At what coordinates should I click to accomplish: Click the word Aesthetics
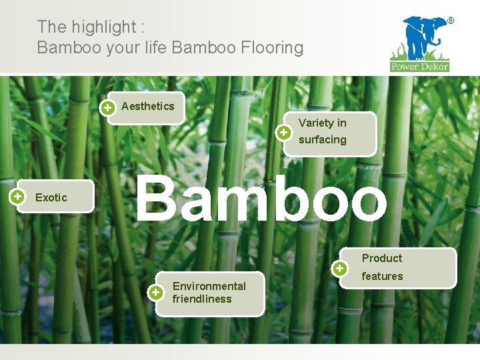point(147,106)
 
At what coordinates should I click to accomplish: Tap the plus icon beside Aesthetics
point(107,107)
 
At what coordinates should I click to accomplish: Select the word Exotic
point(51,197)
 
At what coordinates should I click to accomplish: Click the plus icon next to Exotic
point(18,196)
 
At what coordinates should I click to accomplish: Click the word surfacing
point(323,139)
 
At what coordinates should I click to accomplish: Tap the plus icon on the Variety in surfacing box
point(284,133)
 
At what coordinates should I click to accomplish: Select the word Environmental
point(209,286)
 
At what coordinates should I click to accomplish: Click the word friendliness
point(202,299)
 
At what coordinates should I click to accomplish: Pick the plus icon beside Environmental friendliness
point(155,292)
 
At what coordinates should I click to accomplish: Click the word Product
point(382,258)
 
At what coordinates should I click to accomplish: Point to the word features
point(382,276)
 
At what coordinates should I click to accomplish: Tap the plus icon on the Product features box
point(340,268)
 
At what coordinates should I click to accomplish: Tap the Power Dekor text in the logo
point(420,66)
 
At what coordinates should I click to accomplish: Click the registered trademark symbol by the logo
point(450,21)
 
